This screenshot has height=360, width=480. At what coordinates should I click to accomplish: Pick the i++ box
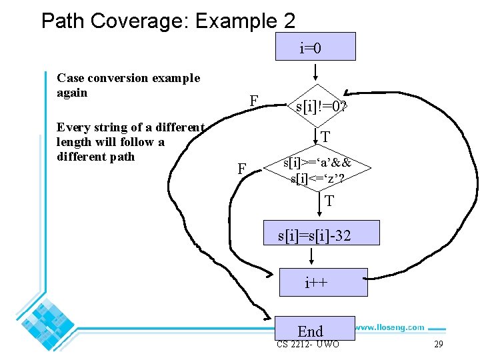(x=323, y=282)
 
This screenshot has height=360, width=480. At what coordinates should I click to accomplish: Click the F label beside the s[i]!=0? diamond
(x=253, y=101)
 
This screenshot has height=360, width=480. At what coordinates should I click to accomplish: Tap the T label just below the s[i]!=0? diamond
(x=325, y=138)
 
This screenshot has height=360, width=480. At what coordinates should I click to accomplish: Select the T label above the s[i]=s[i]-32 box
(x=329, y=201)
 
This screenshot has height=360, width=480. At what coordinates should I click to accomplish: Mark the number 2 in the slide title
(x=289, y=21)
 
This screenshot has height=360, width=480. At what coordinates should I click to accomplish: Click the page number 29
(x=438, y=344)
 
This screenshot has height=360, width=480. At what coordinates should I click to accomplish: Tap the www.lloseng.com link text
(x=389, y=327)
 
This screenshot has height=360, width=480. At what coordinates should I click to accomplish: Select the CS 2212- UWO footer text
(x=307, y=344)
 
